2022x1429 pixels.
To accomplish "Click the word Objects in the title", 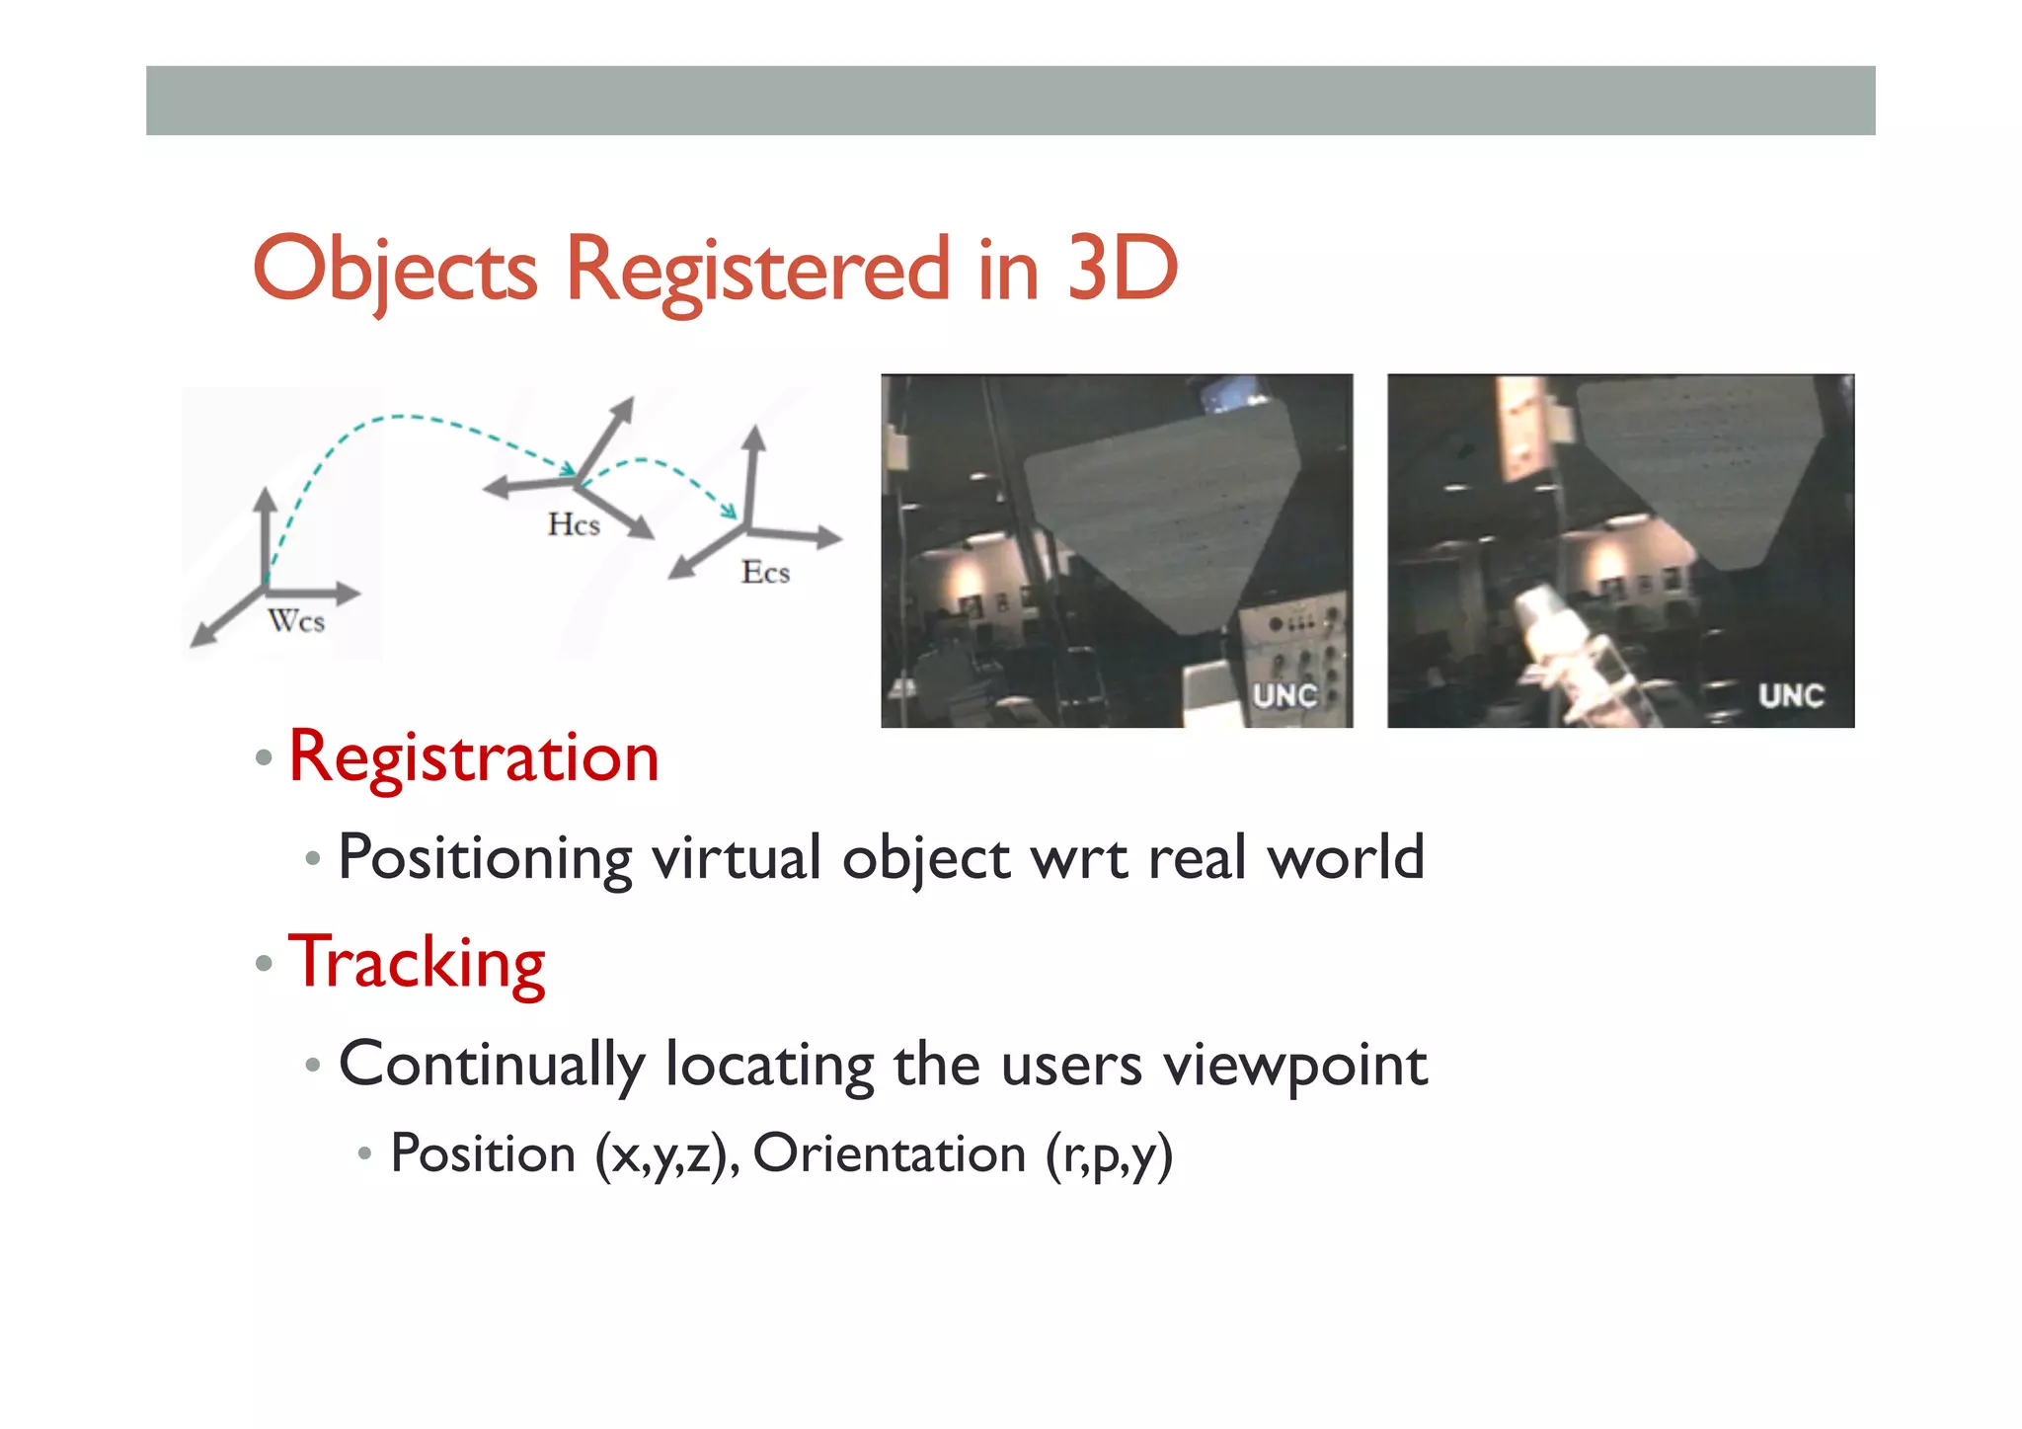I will (x=395, y=269).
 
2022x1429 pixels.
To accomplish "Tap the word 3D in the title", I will (x=1123, y=269).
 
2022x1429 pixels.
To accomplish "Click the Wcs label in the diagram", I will (x=296, y=621).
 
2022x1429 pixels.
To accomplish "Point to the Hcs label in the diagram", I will (x=574, y=524).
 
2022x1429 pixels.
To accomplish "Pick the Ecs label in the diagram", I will (x=765, y=572).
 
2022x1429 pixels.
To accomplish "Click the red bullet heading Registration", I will (x=473, y=757).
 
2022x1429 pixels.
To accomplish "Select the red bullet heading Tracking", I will (x=417, y=963).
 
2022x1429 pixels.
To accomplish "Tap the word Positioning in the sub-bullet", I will (x=485, y=857).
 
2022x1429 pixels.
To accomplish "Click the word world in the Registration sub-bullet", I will (x=1346, y=857).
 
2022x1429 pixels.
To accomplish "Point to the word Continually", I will (x=492, y=1065).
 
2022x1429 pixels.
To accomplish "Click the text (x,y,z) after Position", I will (x=667, y=1153).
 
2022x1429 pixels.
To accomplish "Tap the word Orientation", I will (x=890, y=1153).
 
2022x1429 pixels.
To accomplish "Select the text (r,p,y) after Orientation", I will (x=1109, y=1154).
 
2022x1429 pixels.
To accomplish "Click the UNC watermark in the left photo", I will (x=1284, y=695).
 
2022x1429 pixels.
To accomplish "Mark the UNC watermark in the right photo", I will (x=1790, y=695).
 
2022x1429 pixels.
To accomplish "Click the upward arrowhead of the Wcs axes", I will (x=265, y=497).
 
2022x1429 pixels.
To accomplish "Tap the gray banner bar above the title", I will (x=1010, y=101).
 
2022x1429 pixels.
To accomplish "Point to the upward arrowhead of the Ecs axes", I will (x=754, y=437).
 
